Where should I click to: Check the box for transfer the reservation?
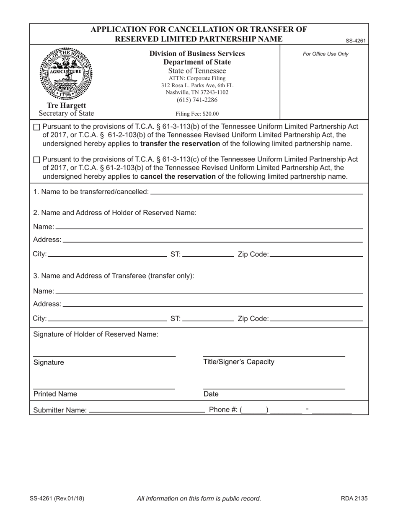click(x=36, y=127)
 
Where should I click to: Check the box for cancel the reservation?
click(x=36, y=160)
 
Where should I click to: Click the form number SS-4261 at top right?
click(x=356, y=41)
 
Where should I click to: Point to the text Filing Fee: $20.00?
click(x=197, y=113)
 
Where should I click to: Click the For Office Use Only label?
click(x=325, y=54)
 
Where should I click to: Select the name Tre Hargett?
click(x=66, y=105)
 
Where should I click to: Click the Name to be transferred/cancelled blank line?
click(x=256, y=191)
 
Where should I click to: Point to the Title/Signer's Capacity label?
click(x=239, y=362)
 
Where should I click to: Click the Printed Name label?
click(x=55, y=394)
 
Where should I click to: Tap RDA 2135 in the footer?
click(x=354, y=498)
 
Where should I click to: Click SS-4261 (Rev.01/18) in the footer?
click(x=57, y=498)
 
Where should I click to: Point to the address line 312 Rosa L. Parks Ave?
click(x=197, y=85)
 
